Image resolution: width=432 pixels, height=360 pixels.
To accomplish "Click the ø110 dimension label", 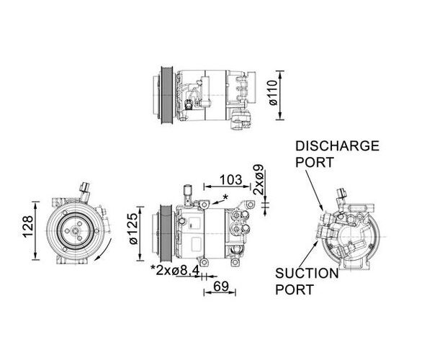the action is (273, 93).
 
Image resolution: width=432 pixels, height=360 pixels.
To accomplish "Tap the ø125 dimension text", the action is (133, 228).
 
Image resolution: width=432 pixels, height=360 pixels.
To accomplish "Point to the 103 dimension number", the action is (230, 180).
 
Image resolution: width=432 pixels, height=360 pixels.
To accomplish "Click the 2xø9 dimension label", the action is (258, 179).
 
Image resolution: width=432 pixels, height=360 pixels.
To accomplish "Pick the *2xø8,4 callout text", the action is (175, 271).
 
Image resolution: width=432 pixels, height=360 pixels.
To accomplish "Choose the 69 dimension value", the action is (221, 287).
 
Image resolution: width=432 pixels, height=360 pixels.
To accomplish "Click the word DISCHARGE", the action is (337, 145).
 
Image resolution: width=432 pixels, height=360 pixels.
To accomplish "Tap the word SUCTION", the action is (307, 273).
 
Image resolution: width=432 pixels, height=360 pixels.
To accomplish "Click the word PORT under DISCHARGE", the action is (315, 162).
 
